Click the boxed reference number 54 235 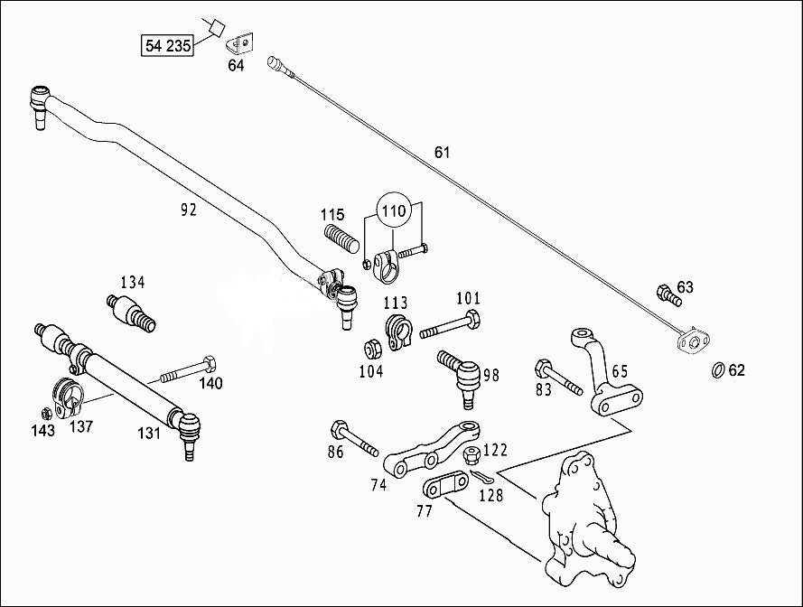click(x=167, y=44)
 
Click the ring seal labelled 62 click(x=717, y=369)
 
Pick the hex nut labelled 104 click(x=370, y=348)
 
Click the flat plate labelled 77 click(x=444, y=487)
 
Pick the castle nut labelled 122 click(x=470, y=457)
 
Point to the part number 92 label click(x=188, y=210)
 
